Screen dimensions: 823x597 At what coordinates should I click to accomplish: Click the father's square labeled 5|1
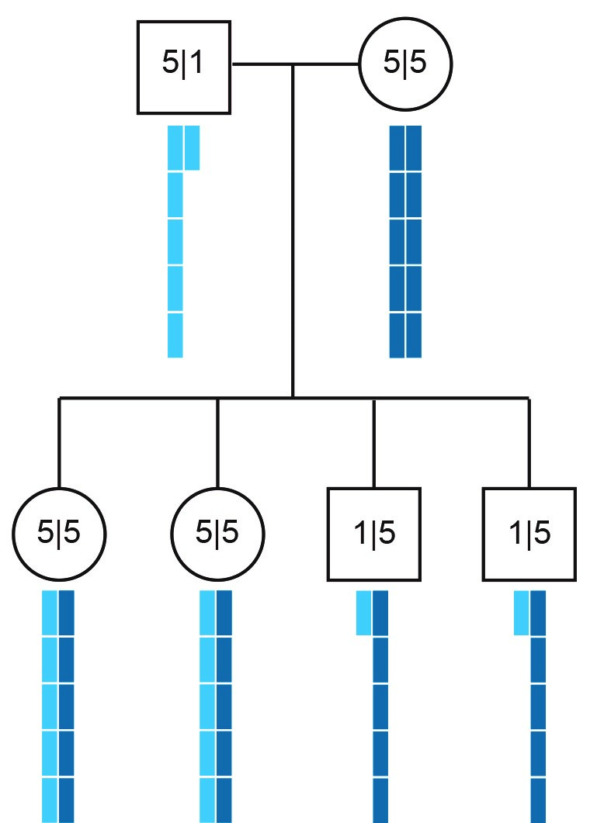(184, 66)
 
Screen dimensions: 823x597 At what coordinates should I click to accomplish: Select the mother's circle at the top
(405, 64)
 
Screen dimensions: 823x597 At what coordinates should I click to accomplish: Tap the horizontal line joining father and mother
(264, 64)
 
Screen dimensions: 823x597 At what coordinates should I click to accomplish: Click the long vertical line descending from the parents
(293, 233)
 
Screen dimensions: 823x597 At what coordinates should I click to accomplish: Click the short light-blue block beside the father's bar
(192, 147)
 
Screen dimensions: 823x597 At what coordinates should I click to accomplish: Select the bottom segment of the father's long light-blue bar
(175, 335)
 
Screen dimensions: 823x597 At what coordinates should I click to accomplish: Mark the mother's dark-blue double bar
(405, 241)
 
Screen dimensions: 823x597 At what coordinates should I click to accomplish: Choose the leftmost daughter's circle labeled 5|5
(59, 534)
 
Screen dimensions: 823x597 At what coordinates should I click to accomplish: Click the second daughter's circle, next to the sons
(217, 534)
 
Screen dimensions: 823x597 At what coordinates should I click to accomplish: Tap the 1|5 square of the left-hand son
(373, 534)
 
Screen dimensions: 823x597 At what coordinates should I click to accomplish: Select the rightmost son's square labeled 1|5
(529, 534)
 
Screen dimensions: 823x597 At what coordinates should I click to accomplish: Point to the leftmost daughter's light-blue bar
(50, 706)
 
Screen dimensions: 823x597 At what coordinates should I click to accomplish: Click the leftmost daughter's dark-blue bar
(67, 706)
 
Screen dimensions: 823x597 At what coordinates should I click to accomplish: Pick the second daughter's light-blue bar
(207, 706)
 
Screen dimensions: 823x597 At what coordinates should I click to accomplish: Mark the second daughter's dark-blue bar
(224, 706)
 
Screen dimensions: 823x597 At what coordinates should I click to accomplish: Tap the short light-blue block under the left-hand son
(363, 613)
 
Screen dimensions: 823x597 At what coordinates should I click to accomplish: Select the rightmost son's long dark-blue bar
(538, 706)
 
